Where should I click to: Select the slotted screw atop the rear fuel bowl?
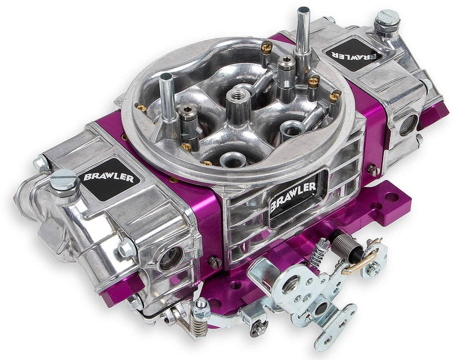pyautogui.click(x=387, y=20)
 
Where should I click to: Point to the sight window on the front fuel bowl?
pyautogui.click(x=170, y=257)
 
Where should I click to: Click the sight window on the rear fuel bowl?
pyautogui.click(x=409, y=124)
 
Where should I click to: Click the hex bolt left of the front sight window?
pyautogui.click(x=125, y=249)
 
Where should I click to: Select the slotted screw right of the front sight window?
pyautogui.click(x=215, y=262)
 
